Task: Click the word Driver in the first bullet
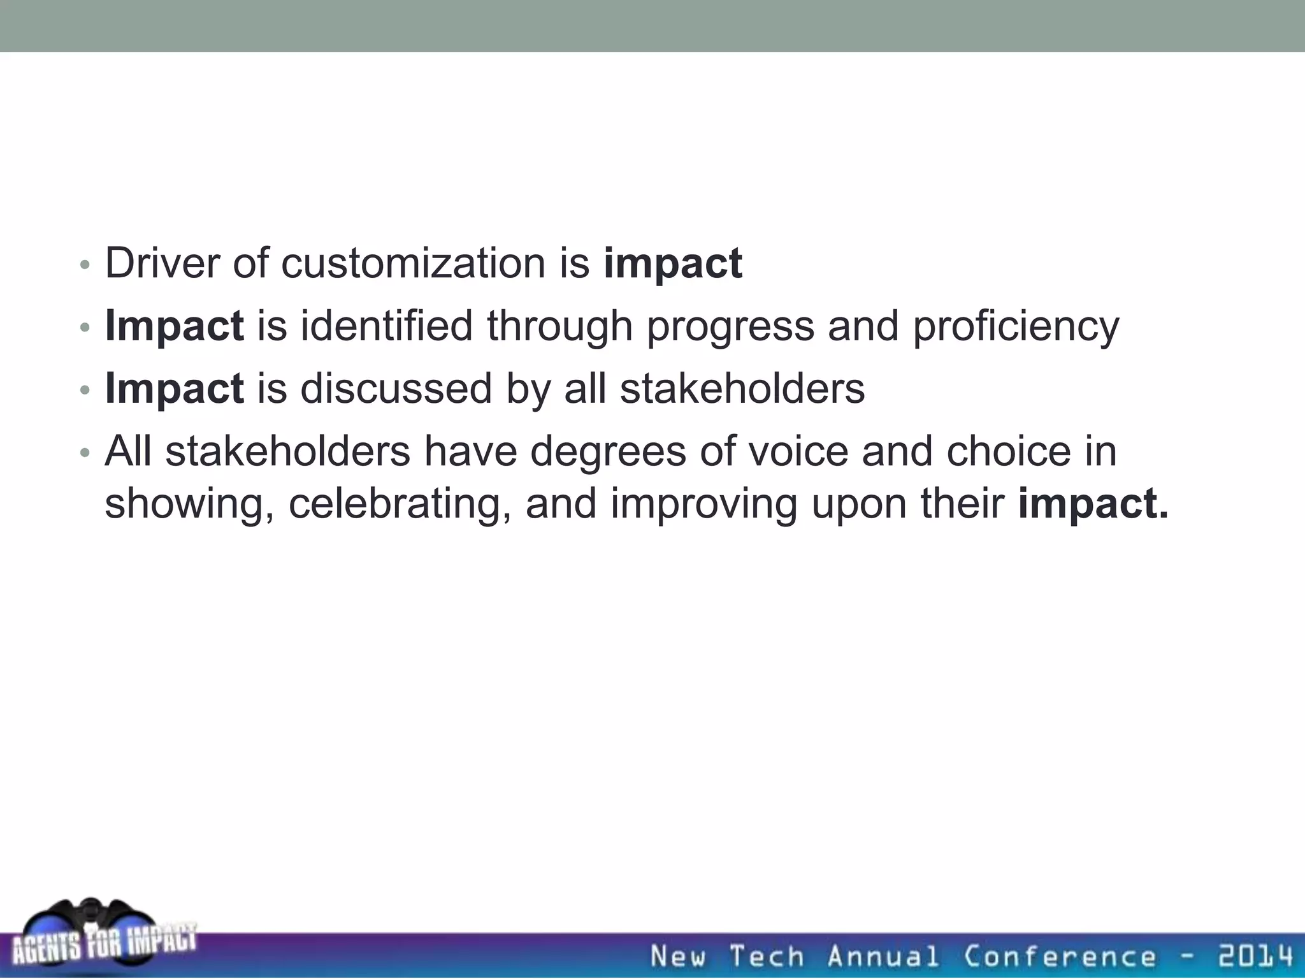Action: pyautogui.click(x=162, y=263)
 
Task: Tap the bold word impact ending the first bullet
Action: pyautogui.click(x=673, y=264)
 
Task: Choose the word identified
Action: pyautogui.click(x=386, y=326)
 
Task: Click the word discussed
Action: pyautogui.click(x=396, y=388)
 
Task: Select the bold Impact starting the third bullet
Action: pyautogui.click(x=174, y=388)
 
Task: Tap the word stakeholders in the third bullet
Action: pyautogui.click(x=742, y=388)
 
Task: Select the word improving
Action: pyautogui.click(x=703, y=504)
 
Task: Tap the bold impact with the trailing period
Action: pyautogui.click(x=1093, y=504)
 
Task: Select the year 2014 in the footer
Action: pyautogui.click(x=1255, y=957)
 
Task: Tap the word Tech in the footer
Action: pyautogui.click(x=767, y=957)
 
